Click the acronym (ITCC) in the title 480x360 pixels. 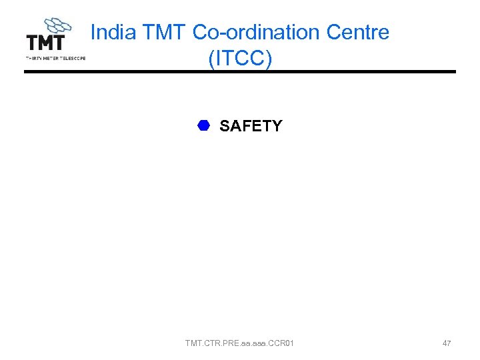(x=240, y=58)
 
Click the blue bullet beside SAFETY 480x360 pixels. (x=203, y=125)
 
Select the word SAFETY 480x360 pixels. (x=251, y=126)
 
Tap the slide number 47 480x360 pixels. (x=447, y=343)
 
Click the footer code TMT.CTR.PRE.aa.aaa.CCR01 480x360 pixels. (x=239, y=343)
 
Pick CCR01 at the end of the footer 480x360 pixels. (x=281, y=343)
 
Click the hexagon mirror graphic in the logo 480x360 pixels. (x=59, y=25)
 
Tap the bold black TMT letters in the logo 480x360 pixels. (x=45, y=43)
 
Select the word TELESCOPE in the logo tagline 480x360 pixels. (x=72, y=58)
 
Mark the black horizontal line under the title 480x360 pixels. (x=240, y=71)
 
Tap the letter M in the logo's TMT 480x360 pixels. (x=45, y=43)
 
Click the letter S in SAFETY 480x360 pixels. (x=224, y=126)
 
